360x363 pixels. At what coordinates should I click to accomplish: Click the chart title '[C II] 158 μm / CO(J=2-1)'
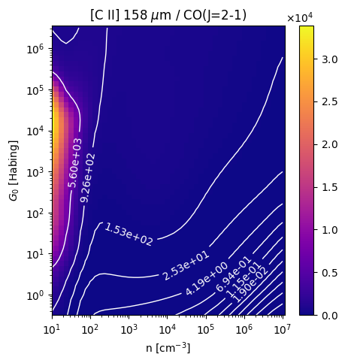[168, 15]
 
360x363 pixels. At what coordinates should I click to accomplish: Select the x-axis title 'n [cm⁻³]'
[168, 348]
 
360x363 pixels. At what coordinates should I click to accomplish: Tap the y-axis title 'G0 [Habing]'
[14, 171]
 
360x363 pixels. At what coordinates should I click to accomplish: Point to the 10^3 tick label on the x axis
[129, 329]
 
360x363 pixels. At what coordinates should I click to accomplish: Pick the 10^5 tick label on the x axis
[206, 329]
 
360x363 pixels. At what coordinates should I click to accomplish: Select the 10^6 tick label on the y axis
[35, 49]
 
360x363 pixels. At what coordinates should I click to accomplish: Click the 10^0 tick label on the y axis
[35, 295]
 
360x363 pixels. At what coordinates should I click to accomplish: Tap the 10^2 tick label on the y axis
[35, 213]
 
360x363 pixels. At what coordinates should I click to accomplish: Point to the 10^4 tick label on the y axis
[35, 131]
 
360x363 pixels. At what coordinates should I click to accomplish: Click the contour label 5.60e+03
[74, 163]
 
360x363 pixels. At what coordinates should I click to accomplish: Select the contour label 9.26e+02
[88, 178]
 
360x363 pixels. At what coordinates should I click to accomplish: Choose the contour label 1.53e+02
[129, 234]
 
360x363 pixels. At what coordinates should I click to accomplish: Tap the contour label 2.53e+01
[186, 265]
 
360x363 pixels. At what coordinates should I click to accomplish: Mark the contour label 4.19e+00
[207, 279]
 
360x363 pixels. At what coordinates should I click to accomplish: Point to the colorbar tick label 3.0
[330, 59]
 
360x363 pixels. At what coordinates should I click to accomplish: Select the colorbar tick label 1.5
[330, 187]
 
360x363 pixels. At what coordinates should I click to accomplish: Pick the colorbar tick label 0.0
[330, 316]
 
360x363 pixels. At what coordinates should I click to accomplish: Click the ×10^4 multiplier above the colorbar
[300, 17]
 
